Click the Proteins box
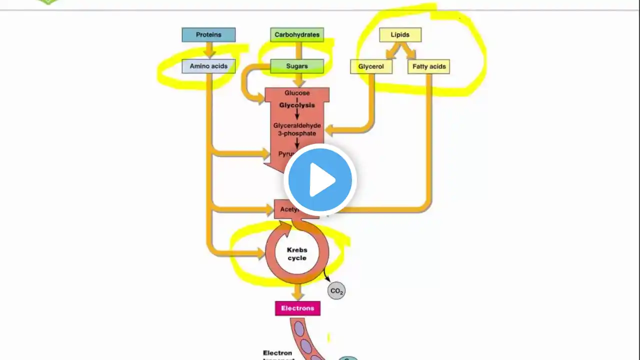pyautogui.click(x=208, y=35)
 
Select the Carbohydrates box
pyautogui.click(x=297, y=35)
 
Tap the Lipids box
pyautogui.click(x=400, y=35)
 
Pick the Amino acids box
pyautogui.click(x=208, y=66)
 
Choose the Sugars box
pyautogui.click(x=297, y=66)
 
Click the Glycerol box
pyautogui.click(x=371, y=66)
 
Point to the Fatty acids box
pyautogui.click(x=429, y=66)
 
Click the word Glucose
pyautogui.click(x=297, y=93)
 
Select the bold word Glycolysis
pyautogui.click(x=297, y=105)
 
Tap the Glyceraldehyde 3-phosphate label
pyautogui.click(x=297, y=129)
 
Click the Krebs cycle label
pyautogui.click(x=297, y=254)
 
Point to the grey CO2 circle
pyautogui.click(x=336, y=291)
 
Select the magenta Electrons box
pyautogui.click(x=297, y=308)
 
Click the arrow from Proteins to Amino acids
pyautogui.click(x=209, y=50)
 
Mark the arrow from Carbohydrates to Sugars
pyautogui.click(x=298, y=50)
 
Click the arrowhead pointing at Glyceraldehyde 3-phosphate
pyautogui.click(x=330, y=131)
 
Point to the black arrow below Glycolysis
pyautogui.click(x=297, y=114)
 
